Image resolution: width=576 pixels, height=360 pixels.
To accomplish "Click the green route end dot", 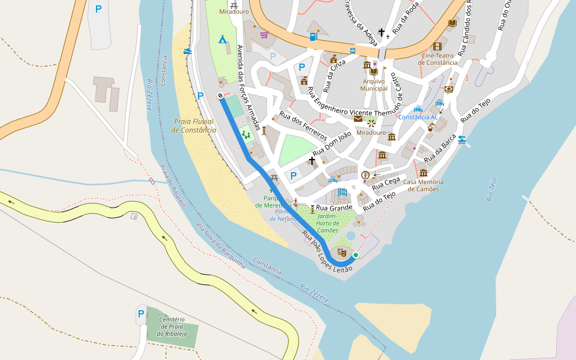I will [356, 255].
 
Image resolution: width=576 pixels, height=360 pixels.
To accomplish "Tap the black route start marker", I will [221, 95].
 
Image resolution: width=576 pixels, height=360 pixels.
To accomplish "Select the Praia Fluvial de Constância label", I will [193, 125].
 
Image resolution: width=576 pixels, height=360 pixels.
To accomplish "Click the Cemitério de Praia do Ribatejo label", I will [172, 326].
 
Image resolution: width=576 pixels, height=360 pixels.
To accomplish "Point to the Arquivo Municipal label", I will [374, 85].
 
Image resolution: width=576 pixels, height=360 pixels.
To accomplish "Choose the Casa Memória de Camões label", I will [423, 185].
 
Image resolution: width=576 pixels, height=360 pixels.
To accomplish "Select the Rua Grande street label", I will [339, 208].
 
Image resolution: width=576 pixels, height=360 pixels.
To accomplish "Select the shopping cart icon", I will [264, 35].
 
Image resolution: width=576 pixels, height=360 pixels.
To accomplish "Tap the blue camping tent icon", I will [222, 40].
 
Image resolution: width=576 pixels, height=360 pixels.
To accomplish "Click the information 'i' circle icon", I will [365, 175].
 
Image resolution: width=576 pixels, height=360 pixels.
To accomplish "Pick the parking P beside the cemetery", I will [141, 313].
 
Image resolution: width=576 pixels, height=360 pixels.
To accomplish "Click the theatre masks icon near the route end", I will [342, 253].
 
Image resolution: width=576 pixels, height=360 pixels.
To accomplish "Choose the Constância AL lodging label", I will [418, 117].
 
